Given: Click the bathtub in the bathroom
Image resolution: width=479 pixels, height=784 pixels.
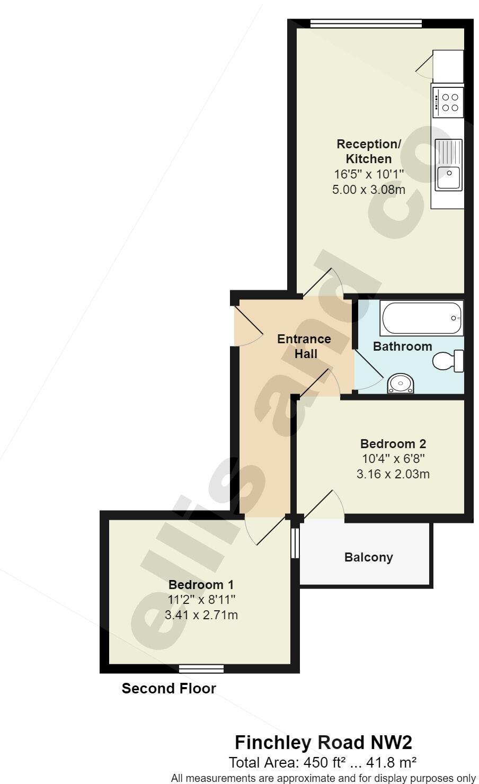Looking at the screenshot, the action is (422, 318).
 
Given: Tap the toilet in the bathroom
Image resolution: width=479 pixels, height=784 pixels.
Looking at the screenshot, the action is (449, 361).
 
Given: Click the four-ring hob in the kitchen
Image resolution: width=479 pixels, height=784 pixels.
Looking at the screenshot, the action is (448, 102).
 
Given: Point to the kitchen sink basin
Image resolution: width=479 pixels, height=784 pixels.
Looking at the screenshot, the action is (448, 178).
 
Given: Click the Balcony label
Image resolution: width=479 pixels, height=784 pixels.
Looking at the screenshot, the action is (368, 557).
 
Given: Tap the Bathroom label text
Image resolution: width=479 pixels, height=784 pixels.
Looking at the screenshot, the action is (402, 346).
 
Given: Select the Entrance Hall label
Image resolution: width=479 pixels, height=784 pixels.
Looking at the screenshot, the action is (304, 346).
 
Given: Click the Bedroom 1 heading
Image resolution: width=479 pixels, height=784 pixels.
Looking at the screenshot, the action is (201, 584).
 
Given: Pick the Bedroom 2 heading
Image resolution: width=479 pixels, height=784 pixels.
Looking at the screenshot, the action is (393, 443).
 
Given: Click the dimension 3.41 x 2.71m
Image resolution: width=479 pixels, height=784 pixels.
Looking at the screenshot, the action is (201, 614).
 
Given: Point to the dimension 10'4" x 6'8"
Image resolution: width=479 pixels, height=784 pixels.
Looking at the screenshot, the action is (393, 458).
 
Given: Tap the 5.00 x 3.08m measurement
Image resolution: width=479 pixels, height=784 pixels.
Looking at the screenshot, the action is (368, 189).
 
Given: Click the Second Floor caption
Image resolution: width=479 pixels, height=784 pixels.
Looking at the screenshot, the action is (169, 689).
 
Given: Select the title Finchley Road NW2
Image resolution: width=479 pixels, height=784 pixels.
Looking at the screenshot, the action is (323, 742).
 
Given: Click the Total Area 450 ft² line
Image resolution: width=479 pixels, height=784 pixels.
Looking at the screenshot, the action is (323, 762).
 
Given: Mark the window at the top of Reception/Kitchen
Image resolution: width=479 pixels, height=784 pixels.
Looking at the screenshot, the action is (366, 23).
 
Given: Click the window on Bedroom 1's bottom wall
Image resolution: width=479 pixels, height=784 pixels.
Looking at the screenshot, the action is (201, 669).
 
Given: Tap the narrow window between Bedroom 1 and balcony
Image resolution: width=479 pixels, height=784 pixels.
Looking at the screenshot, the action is (296, 542).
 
